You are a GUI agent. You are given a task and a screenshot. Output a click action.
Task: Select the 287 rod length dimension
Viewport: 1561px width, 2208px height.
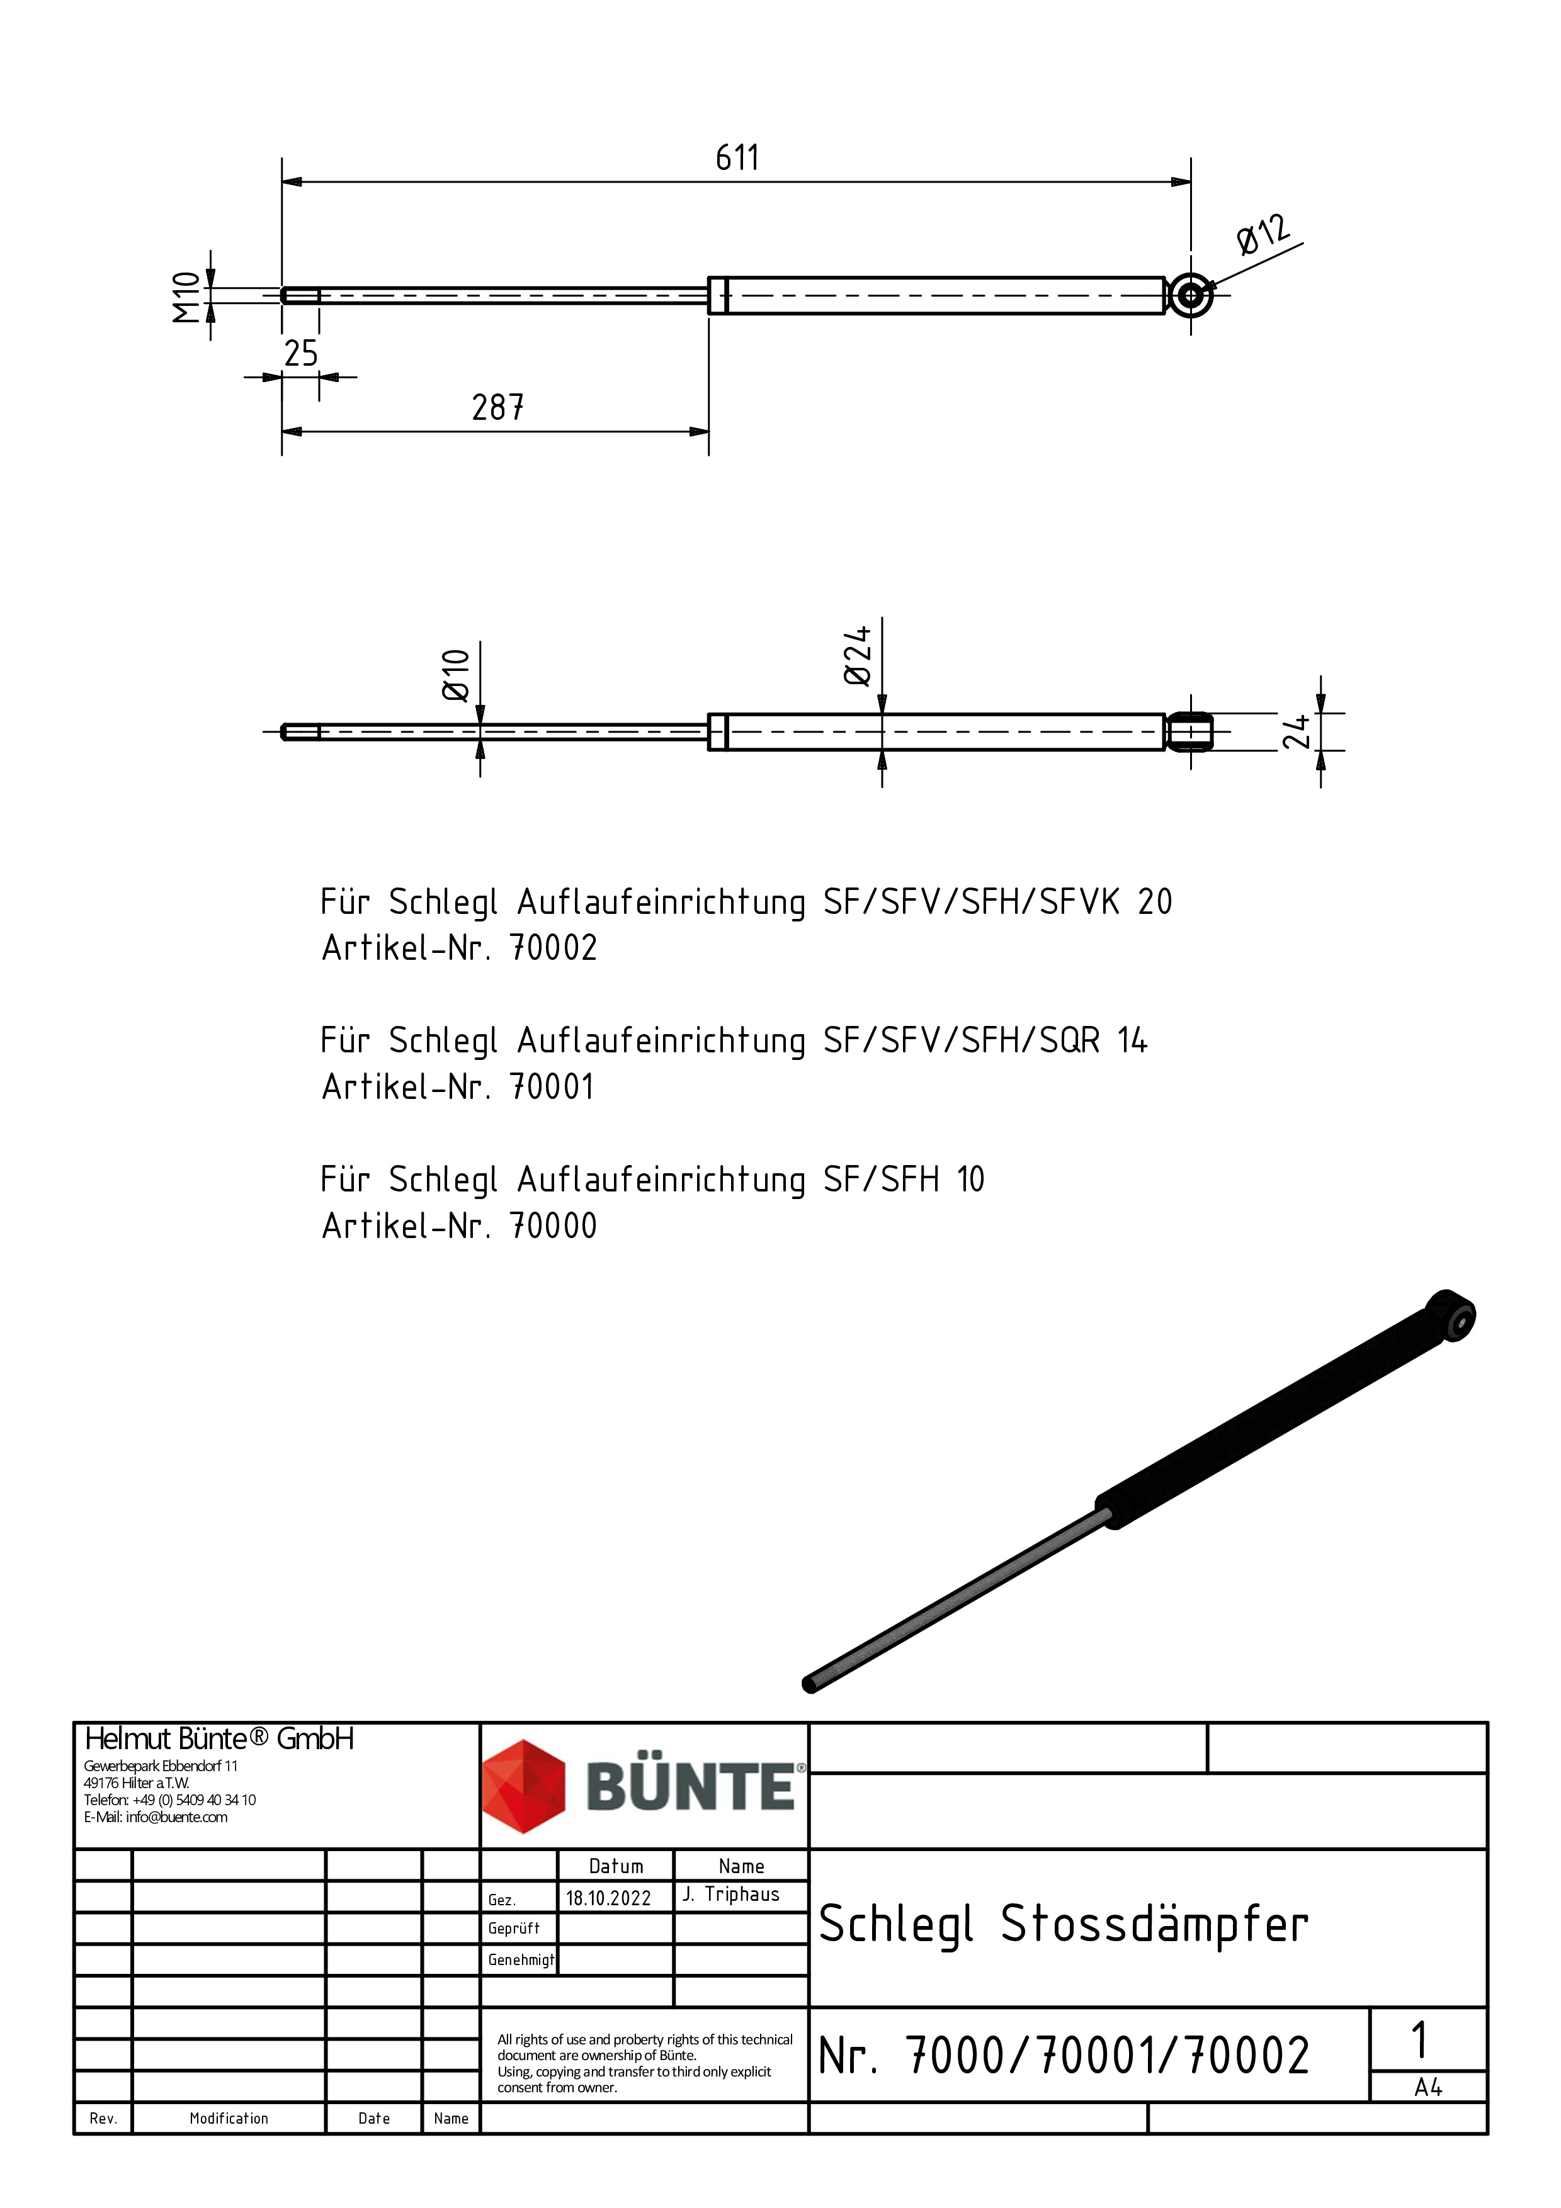(497, 408)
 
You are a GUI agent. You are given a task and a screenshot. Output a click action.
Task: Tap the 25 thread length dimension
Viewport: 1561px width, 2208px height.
(300, 354)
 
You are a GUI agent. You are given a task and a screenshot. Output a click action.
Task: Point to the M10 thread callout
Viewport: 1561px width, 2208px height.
(186, 296)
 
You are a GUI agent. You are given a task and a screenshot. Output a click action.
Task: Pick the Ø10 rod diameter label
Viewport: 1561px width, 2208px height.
(456, 675)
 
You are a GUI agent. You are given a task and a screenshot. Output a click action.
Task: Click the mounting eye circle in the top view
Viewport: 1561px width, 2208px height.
(1191, 295)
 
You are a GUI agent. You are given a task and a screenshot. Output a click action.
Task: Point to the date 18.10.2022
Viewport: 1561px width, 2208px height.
(608, 1898)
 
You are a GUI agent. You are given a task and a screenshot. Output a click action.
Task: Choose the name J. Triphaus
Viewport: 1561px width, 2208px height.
(731, 1895)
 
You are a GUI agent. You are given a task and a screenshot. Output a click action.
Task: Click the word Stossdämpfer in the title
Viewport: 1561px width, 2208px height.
(1154, 1924)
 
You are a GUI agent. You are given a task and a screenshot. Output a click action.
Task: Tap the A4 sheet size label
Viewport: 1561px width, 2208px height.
(1428, 2088)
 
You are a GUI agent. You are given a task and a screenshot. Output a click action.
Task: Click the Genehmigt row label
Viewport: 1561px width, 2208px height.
(520, 1960)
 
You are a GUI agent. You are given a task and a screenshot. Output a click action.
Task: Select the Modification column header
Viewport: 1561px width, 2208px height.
(229, 2119)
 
